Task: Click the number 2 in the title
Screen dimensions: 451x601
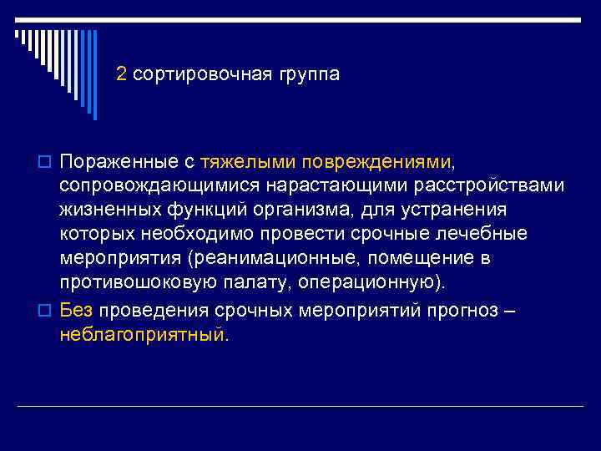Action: pos(122,74)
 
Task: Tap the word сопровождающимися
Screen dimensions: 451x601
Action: pos(148,184)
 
